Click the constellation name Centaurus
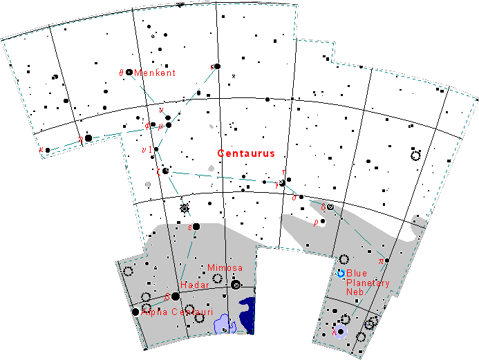point(245,153)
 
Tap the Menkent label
point(156,73)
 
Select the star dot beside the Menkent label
point(129,72)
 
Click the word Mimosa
point(225,267)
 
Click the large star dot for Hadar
point(176,296)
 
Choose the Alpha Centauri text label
point(176,312)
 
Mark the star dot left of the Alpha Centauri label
point(135,312)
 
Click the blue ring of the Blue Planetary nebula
point(341,274)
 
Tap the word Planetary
point(368,283)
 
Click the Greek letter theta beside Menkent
point(121,73)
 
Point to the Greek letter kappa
point(41,149)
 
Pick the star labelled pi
point(387,260)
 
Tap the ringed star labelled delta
point(330,207)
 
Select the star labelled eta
point(88,138)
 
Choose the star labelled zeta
point(165,171)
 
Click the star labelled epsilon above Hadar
point(196,226)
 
